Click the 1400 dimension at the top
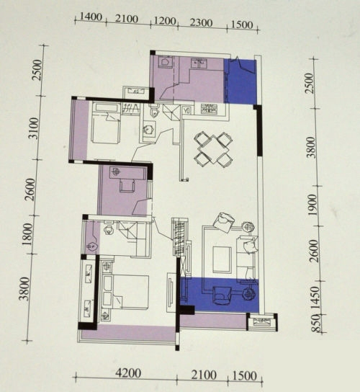(91, 17)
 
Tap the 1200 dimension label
(165, 21)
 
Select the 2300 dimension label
(202, 23)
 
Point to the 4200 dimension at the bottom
(128, 373)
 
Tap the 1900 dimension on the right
(312, 205)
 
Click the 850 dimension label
(316, 324)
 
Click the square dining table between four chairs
(213, 149)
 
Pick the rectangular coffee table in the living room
(222, 259)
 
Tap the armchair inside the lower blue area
(222, 295)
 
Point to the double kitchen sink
(199, 63)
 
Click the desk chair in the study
(127, 185)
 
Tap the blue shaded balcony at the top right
(240, 81)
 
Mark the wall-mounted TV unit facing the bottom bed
(171, 293)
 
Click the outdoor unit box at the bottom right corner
(262, 322)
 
